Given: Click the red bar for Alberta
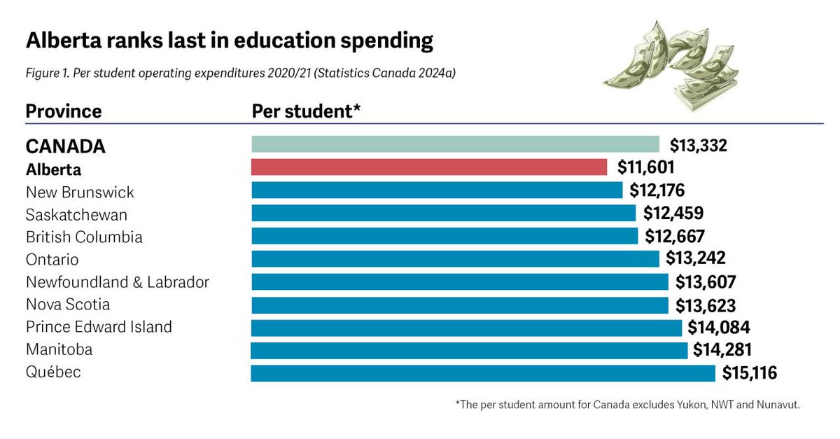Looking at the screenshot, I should pyautogui.click(x=428, y=167).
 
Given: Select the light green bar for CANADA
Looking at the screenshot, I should pyautogui.click(x=455, y=144).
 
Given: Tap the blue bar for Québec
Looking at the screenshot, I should pyautogui.click(x=483, y=372).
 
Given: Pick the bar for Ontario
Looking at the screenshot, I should pyautogui.click(x=455, y=259).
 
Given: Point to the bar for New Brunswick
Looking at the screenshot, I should pyautogui.click(x=437, y=190).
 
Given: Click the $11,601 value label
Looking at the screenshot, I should pyautogui.click(x=646, y=168).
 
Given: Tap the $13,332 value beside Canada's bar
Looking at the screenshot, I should pyautogui.click(x=699, y=146).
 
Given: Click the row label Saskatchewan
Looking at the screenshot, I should pyautogui.click(x=76, y=214).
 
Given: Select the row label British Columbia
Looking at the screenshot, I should pyautogui.click(x=84, y=237).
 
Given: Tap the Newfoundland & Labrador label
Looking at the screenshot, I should pyautogui.click(x=118, y=282).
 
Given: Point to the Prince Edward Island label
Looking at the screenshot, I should pyautogui.click(x=99, y=327).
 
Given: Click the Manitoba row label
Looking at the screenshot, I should pyautogui.click(x=59, y=349).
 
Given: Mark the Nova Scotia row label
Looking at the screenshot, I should pyautogui.click(x=68, y=305).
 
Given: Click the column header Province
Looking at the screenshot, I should pyautogui.click(x=64, y=111).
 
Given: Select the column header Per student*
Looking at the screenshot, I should pyautogui.click(x=306, y=111).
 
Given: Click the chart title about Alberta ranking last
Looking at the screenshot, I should pyautogui.click(x=230, y=41).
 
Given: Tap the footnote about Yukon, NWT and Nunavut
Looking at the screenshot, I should pyautogui.click(x=628, y=405).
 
